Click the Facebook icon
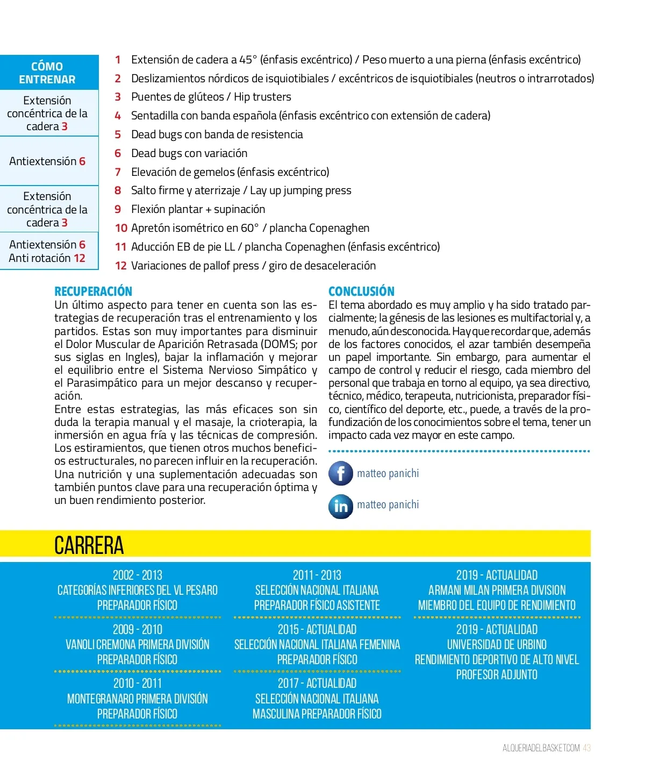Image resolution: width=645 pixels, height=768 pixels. [341, 473]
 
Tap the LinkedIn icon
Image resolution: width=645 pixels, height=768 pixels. [341, 506]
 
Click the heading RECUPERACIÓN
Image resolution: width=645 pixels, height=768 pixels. [93, 291]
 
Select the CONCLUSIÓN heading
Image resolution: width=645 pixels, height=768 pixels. [361, 291]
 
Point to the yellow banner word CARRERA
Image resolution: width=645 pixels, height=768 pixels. [89, 545]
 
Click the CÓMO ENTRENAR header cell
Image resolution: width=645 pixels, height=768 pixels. [47, 73]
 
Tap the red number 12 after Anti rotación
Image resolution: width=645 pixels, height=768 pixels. [80, 258]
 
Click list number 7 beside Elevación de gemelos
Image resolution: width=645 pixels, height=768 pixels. [118, 172]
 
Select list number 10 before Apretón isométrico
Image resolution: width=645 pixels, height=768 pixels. [121, 228]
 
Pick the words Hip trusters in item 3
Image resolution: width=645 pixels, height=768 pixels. [262, 97]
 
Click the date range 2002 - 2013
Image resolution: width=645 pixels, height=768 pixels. [138, 575]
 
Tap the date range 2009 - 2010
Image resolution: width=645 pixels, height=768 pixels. [138, 629]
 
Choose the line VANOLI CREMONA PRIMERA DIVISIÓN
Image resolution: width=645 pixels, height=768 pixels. [138, 644]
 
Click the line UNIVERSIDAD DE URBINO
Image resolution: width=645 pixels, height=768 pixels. [497, 644]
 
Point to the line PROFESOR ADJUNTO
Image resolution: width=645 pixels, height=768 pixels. [497, 674]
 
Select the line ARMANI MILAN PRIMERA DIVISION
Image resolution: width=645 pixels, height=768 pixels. [497, 590]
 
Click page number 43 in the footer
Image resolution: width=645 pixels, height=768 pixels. [586, 748]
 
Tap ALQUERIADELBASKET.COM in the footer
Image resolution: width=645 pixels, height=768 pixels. [541, 748]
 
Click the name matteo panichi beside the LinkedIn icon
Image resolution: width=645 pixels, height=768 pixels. [388, 505]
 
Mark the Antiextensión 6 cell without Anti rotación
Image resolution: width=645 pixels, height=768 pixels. [47, 161]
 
